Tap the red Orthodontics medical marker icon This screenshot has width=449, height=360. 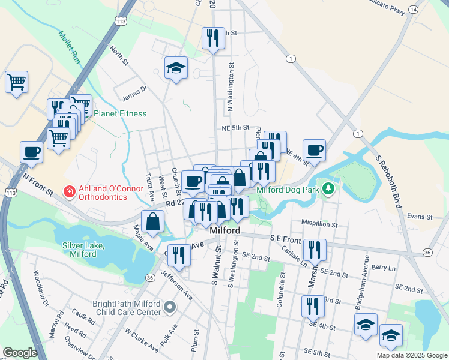[70, 192]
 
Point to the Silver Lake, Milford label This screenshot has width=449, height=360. [83, 250]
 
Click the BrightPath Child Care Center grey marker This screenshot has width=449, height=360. [170, 308]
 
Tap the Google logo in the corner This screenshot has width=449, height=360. [20, 352]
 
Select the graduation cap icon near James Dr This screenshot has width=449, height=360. [176, 68]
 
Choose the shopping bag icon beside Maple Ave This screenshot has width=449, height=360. [154, 221]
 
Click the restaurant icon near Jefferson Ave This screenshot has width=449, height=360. [179, 254]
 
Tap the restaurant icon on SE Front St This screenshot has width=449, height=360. [315, 249]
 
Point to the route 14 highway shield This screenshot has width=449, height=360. [413, 9]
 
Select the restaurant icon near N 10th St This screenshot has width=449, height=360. [213, 39]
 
